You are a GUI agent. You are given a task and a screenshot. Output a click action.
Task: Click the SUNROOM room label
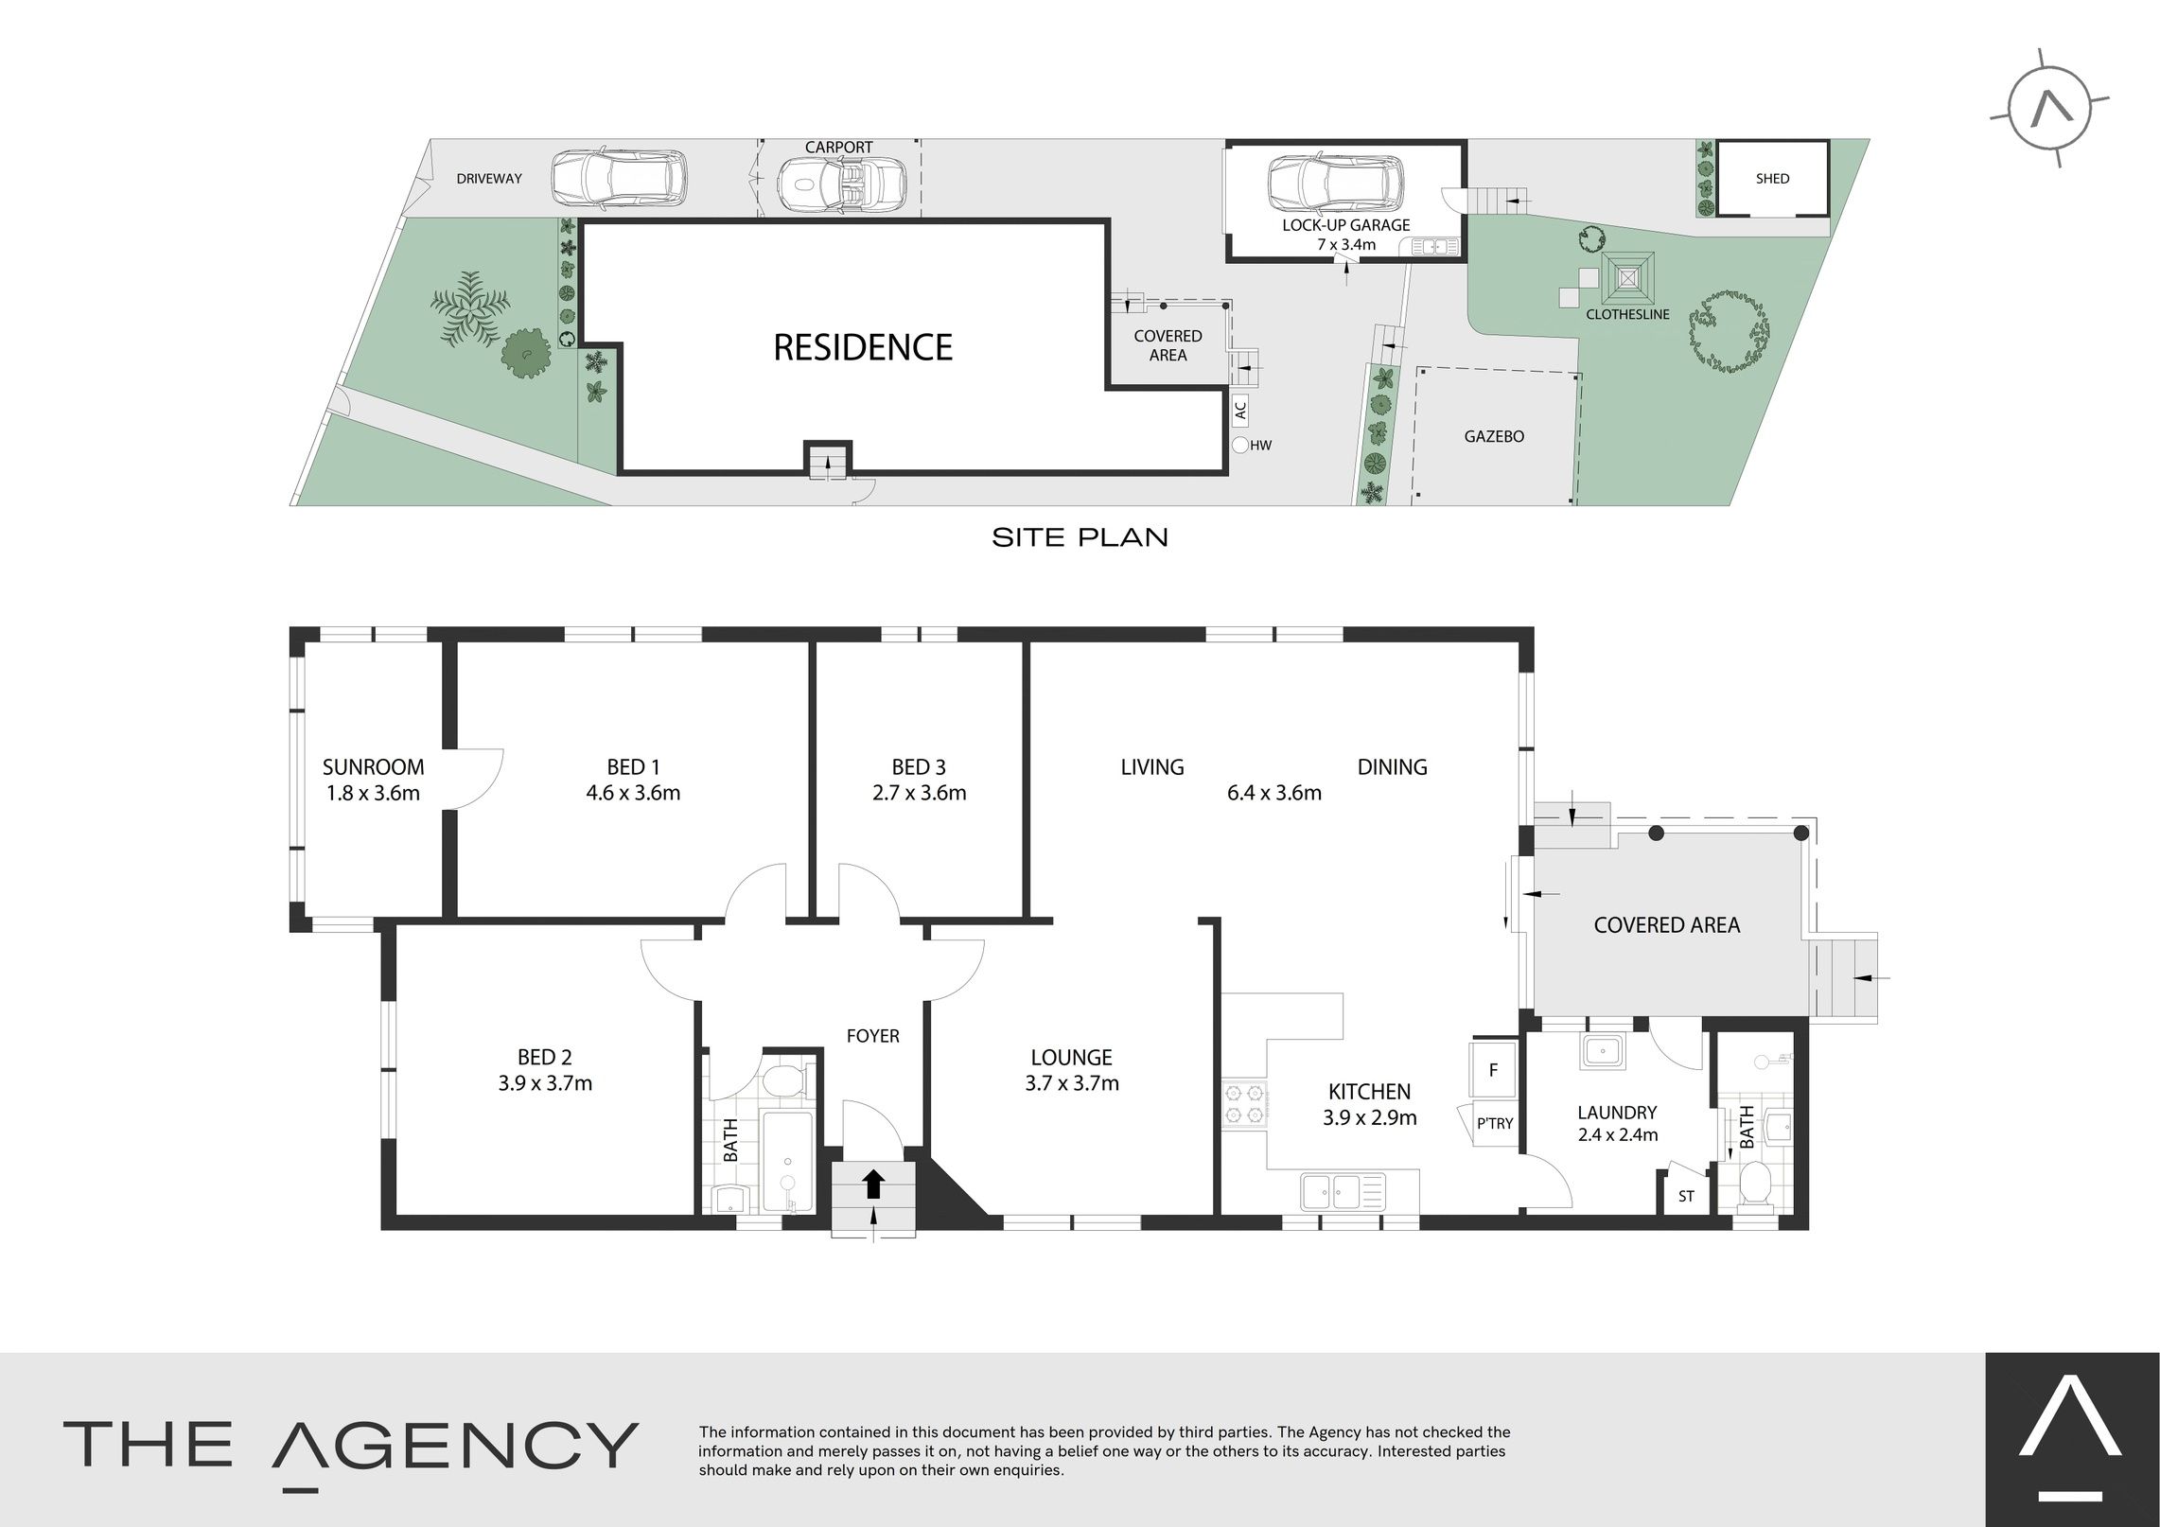coord(373,766)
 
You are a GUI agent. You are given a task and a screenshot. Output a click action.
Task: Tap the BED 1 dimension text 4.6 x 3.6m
coord(633,793)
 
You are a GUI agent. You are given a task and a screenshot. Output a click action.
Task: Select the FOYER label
coord(872,1036)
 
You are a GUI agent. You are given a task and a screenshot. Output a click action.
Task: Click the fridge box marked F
coord(1493,1070)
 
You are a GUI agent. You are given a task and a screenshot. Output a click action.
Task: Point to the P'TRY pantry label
coord(1495,1124)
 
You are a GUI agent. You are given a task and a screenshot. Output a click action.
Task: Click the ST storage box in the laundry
coord(1685,1196)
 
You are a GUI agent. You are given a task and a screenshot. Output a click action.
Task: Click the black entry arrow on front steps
coord(873,1184)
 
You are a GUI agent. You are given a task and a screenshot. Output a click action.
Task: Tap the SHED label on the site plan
coord(1772,178)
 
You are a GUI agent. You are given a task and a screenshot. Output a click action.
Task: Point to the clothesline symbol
coord(1627,278)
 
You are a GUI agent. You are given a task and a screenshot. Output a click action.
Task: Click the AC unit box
coord(1240,410)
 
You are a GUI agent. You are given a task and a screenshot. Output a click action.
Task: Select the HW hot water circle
coord(1240,445)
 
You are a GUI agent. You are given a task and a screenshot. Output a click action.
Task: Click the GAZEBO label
coord(1494,436)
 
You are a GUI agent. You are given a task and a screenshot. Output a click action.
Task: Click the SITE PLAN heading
coord(1080,537)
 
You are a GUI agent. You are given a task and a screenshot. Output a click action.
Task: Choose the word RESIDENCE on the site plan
coord(863,347)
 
